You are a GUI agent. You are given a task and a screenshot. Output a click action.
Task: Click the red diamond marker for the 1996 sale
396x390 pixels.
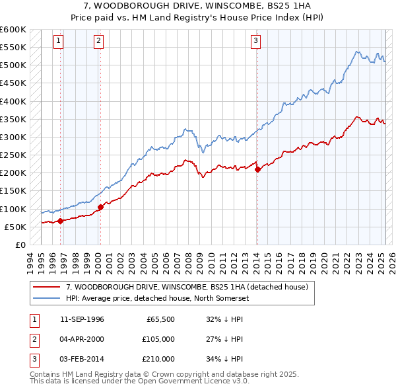click(x=60, y=221)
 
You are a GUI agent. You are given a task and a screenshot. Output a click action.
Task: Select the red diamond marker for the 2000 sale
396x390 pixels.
click(x=100, y=207)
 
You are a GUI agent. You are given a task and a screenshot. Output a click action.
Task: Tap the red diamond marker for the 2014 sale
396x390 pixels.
click(x=257, y=169)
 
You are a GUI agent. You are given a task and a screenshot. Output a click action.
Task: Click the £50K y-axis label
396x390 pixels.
click(x=15, y=227)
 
